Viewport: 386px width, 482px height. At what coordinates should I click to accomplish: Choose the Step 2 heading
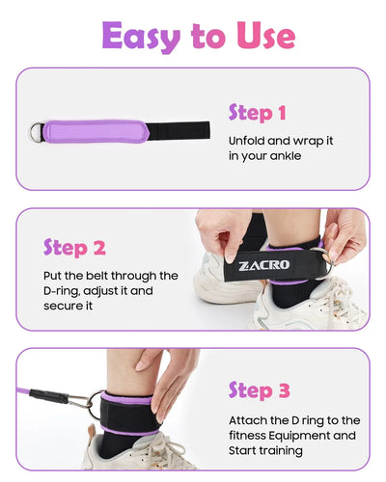74,248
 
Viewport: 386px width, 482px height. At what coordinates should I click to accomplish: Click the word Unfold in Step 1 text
247,140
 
